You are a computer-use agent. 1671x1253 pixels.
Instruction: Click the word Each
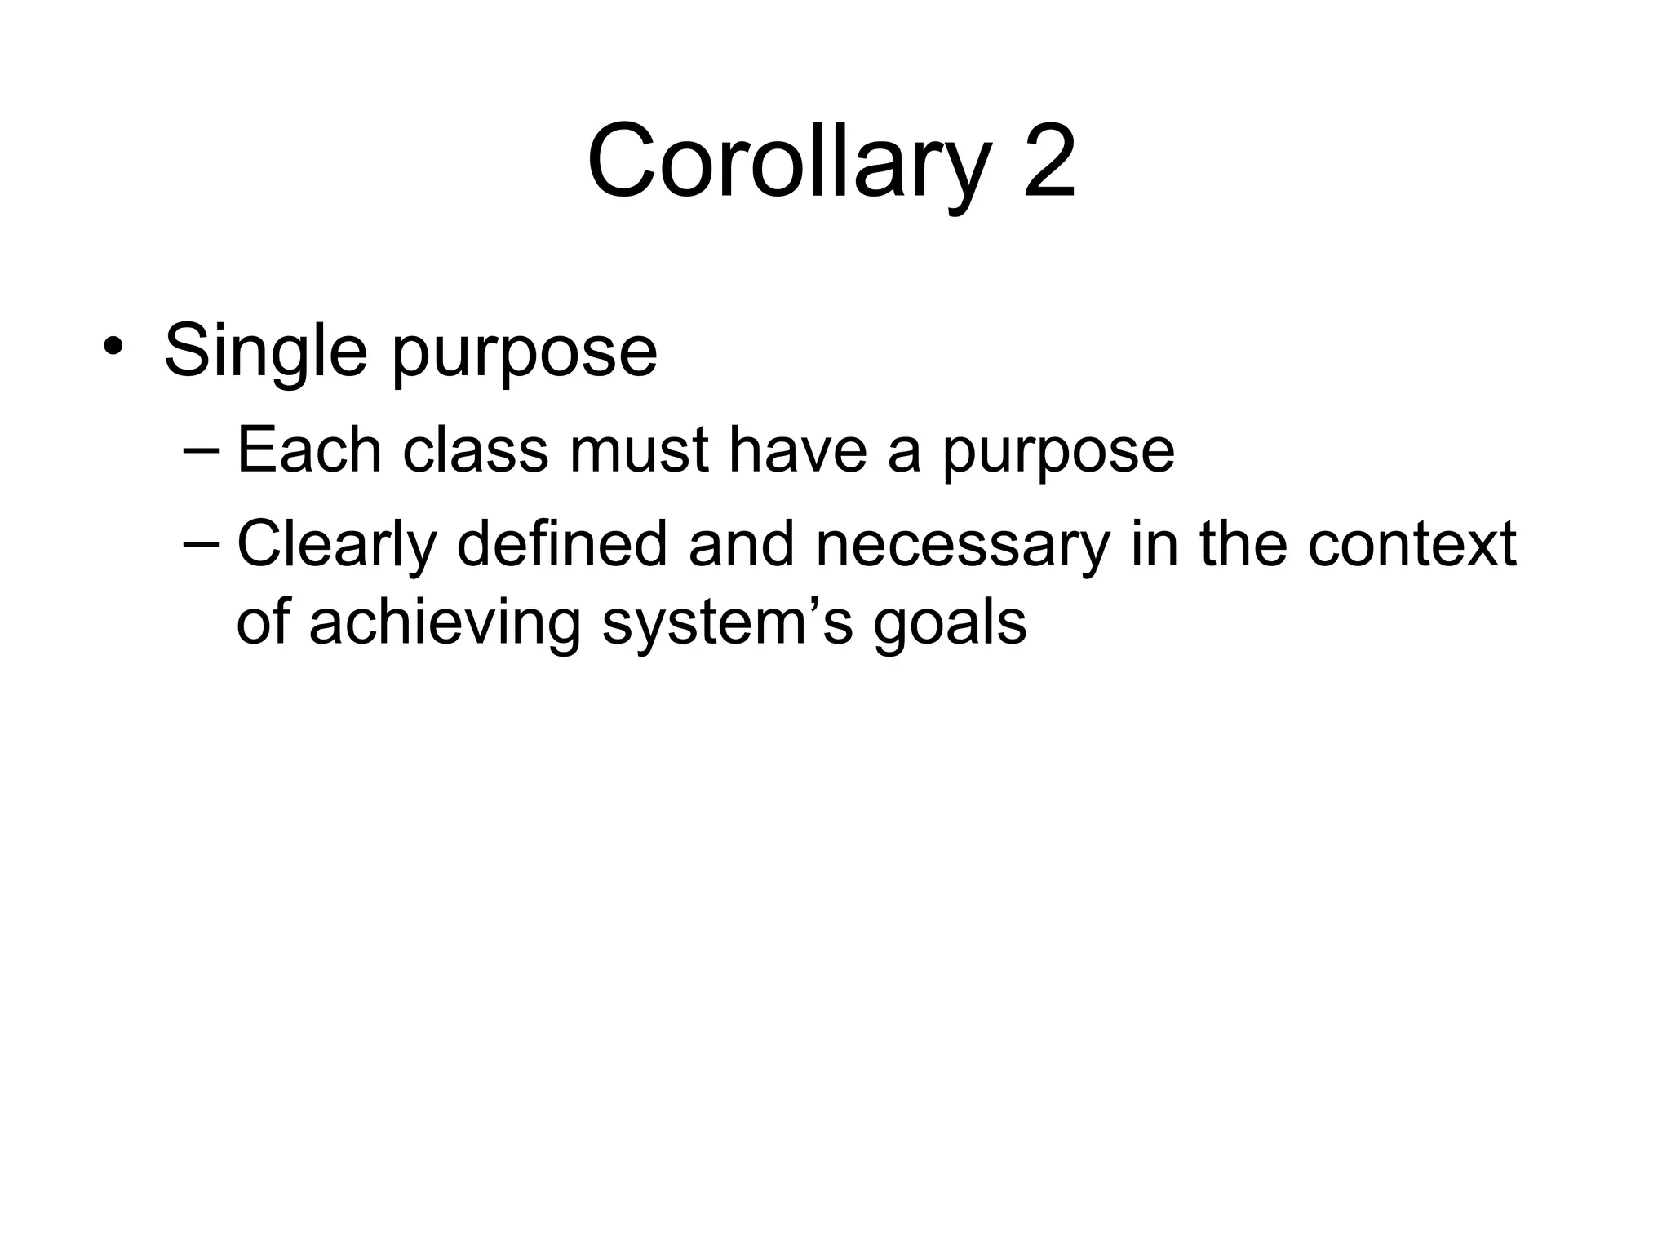308,450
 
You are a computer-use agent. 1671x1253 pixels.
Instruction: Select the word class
475,450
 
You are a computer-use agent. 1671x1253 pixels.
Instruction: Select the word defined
562,544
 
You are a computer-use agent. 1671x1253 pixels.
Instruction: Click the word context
1411,544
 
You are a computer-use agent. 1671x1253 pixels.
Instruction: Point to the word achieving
444,625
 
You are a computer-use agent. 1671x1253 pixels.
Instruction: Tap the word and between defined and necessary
741,544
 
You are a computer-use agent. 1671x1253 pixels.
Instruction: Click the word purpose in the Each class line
1058,454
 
